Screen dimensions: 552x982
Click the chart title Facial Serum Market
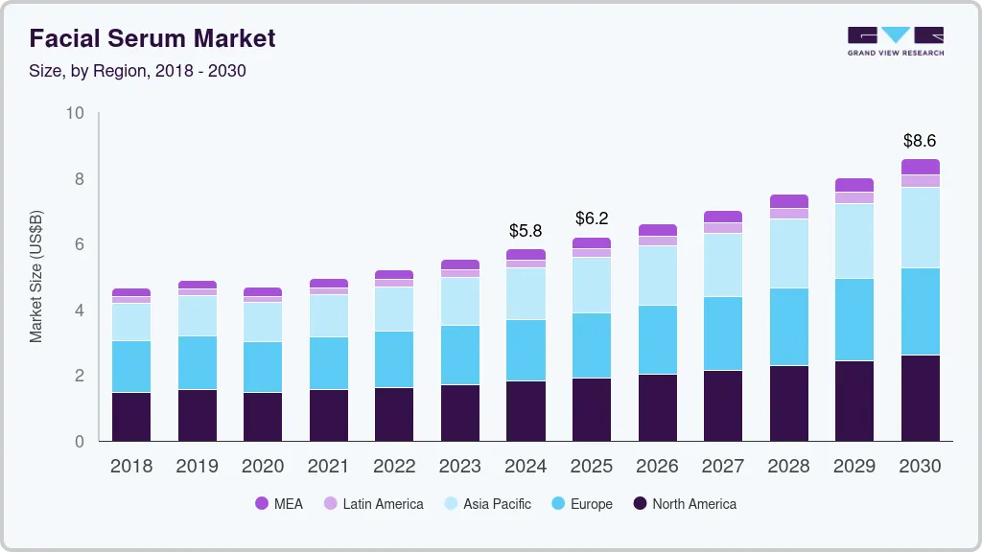point(152,38)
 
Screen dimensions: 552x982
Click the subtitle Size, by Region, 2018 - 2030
point(137,71)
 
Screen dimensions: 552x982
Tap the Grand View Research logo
point(895,40)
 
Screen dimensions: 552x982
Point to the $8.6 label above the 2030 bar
point(920,141)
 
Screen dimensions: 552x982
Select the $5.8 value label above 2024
point(526,231)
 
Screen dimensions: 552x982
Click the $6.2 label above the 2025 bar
point(592,218)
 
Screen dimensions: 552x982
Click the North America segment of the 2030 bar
point(920,398)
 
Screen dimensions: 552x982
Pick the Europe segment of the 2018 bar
point(131,366)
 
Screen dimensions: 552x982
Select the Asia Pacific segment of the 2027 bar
point(723,264)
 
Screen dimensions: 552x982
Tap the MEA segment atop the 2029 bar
point(854,185)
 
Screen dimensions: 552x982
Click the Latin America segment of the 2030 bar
point(920,180)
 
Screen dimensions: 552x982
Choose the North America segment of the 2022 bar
point(394,414)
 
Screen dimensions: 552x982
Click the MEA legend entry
point(278,504)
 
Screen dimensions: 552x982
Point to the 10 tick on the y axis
point(75,114)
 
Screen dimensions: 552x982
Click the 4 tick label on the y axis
point(80,310)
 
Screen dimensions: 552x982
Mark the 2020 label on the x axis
point(263,467)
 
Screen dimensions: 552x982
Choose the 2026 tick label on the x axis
point(657,467)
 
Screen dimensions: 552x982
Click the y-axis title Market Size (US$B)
point(36,277)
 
